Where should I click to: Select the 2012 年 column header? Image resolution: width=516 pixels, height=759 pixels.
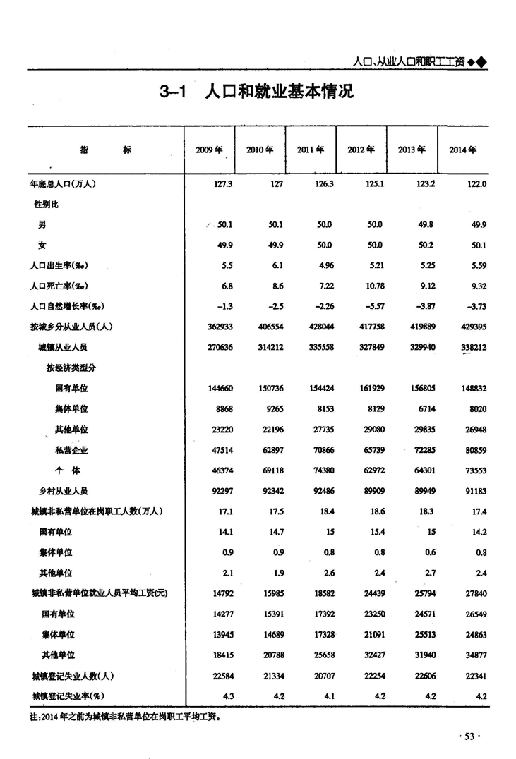pos(361,150)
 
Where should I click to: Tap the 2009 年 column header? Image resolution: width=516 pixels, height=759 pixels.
pos(209,150)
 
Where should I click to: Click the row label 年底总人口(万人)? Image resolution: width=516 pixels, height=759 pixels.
pos(62,183)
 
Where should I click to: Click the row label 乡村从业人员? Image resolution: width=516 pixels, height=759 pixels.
pos(64,491)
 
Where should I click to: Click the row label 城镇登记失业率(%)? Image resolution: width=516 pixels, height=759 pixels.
pos(67,696)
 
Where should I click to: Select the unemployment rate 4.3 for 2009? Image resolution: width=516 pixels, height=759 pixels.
pos(227,696)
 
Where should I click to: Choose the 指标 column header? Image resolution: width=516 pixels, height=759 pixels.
pos(105,150)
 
